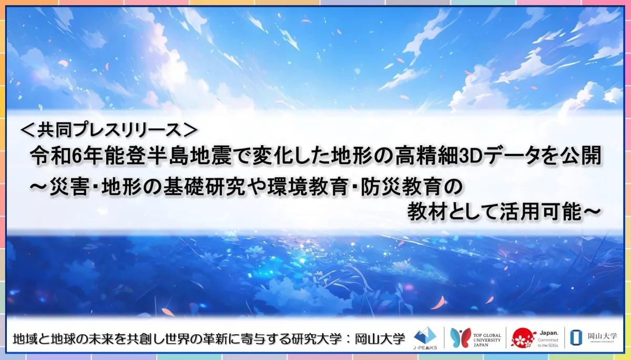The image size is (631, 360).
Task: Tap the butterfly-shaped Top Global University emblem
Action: (460, 337)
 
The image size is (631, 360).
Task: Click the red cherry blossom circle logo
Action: (524, 338)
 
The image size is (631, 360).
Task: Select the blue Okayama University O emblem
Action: (576, 337)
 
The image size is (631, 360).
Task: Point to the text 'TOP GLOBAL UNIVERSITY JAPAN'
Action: (487, 340)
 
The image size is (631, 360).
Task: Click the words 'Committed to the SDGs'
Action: (547, 343)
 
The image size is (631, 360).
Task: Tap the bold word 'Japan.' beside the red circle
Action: (549, 333)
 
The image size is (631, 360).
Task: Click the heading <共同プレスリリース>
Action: (109, 130)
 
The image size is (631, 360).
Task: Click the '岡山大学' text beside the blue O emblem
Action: (602, 336)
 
